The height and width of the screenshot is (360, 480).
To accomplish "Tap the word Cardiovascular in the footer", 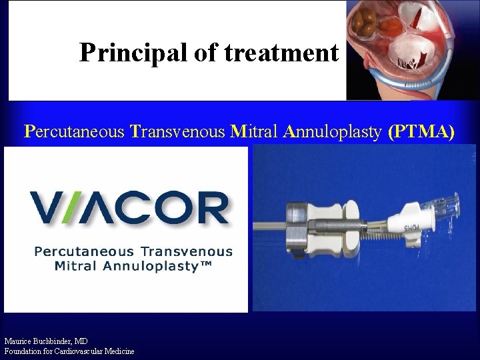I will click(x=83, y=351).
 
